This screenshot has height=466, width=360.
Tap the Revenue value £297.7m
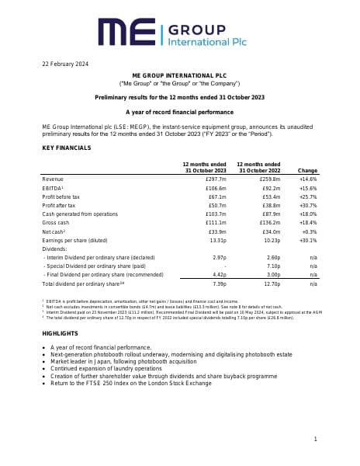point(216,179)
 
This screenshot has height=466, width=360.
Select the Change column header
point(307,169)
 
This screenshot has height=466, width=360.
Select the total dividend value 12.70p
point(271,284)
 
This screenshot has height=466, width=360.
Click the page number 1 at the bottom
point(316,440)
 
